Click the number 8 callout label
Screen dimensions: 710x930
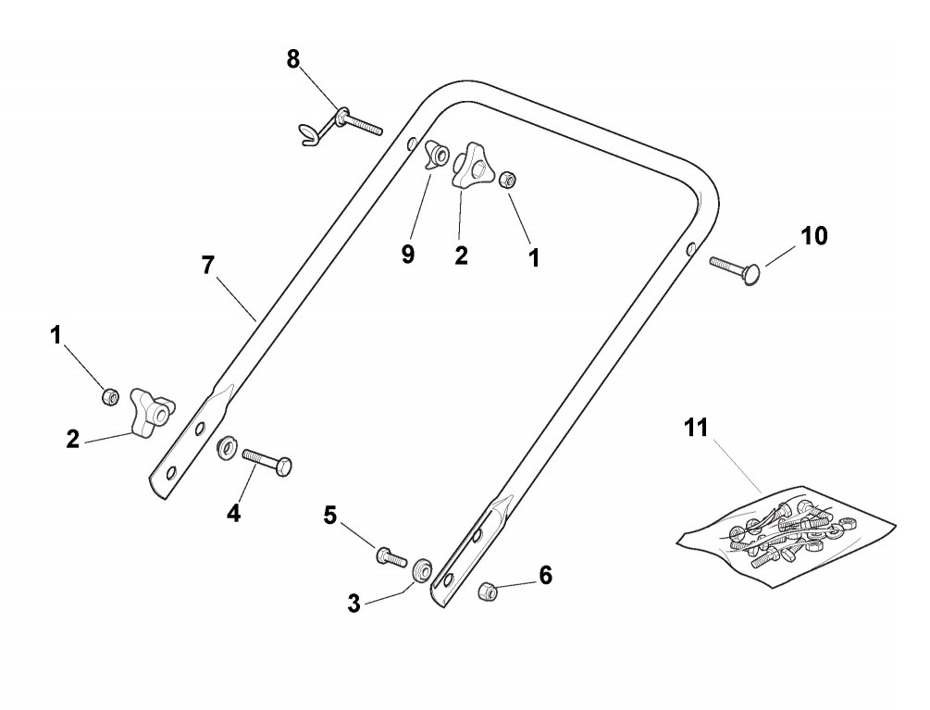coord(293,59)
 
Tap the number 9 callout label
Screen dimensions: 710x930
coord(408,255)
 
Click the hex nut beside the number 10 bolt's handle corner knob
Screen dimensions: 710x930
coord(507,180)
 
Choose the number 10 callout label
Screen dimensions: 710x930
coord(813,236)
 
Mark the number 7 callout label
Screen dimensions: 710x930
coord(208,266)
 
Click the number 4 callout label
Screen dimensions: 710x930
coord(234,513)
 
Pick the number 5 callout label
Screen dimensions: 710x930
coord(330,516)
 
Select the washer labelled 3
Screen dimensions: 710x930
coord(423,568)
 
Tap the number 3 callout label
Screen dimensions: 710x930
coord(353,604)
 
